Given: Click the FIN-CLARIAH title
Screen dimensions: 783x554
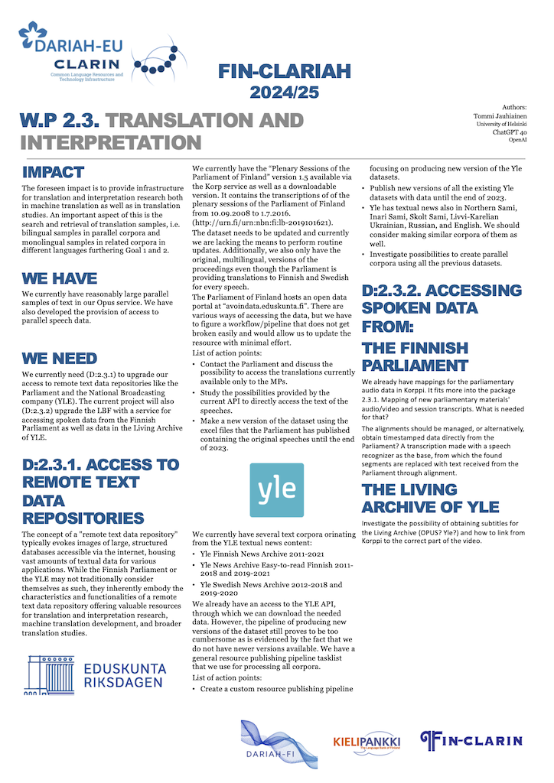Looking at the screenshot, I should click(284, 73).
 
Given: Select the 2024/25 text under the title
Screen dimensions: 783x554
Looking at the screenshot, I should click(284, 93).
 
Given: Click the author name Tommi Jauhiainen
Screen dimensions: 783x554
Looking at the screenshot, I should click(500, 115).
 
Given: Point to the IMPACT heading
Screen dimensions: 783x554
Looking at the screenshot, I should click(53, 172).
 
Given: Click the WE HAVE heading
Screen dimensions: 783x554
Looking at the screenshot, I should click(60, 278).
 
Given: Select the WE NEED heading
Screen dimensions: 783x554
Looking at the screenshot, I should click(60, 359).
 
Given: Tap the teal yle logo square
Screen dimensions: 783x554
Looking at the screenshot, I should click(276, 489).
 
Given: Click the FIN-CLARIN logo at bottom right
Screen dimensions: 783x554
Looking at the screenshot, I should click(471, 739).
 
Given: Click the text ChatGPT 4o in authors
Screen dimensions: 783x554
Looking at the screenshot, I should click(510, 132).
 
